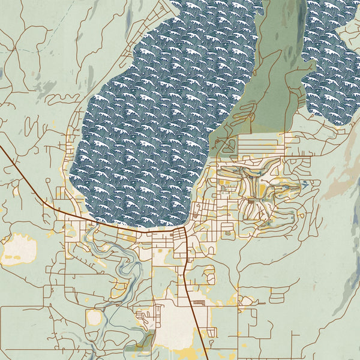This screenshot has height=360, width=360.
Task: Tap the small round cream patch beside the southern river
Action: coord(94,317)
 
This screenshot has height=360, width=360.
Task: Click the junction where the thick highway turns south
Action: coord(182,230)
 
